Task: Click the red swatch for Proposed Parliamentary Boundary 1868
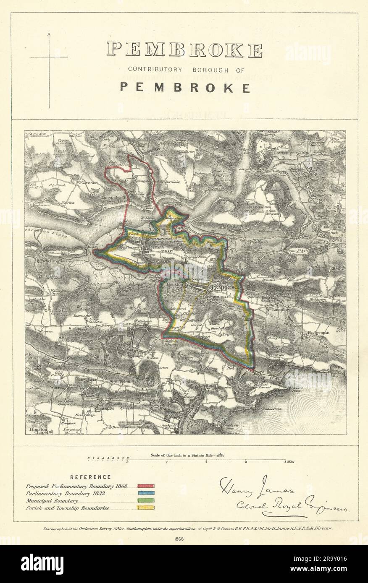click(x=146, y=486)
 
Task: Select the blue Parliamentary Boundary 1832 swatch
click(x=146, y=493)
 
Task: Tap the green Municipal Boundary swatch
click(x=146, y=501)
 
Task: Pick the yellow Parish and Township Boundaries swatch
click(x=146, y=508)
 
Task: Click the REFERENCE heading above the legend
click(x=90, y=477)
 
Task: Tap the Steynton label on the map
click(x=38, y=134)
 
